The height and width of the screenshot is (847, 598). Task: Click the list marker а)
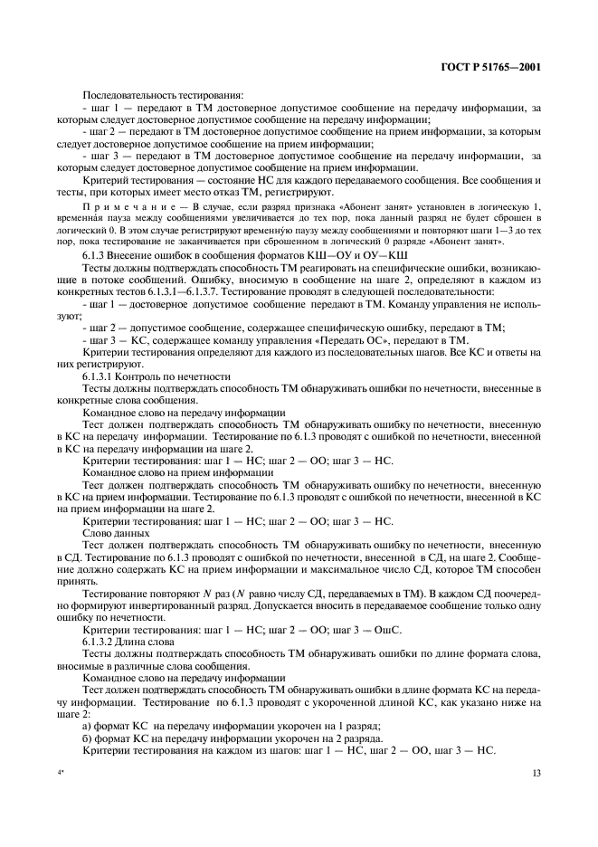click(87, 726)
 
